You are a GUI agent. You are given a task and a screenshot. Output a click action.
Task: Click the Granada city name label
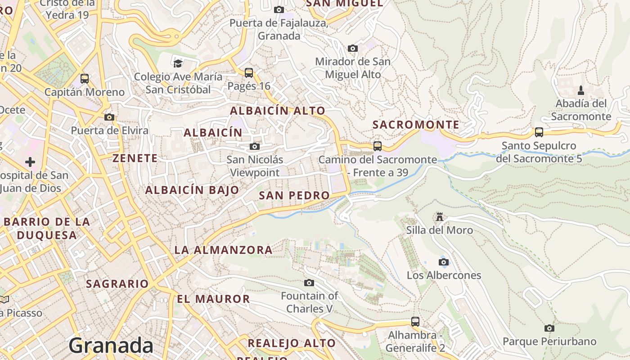pyautogui.click(x=111, y=346)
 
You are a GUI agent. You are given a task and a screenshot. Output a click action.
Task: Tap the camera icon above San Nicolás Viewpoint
pyautogui.click(x=255, y=146)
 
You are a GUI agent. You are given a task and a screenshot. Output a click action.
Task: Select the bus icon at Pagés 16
pyautogui.click(x=248, y=72)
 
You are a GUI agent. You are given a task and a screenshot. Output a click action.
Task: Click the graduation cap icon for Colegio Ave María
pyautogui.click(x=178, y=63)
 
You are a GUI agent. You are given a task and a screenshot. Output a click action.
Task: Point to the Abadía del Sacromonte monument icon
pyautogui.click(x=581, y=90)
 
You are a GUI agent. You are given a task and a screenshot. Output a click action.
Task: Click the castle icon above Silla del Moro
pyautogui.click(x=440, y=217)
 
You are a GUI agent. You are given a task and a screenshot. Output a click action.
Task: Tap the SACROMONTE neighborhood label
pyautogui.click(x=416, y=125)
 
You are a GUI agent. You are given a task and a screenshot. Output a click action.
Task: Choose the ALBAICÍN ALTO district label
pyautogui.click(x=278, y=111)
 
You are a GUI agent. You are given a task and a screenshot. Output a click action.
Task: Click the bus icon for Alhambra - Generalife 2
pyautogui.click(x=415, y=322)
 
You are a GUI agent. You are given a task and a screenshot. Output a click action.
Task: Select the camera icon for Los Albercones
pyautogui.click(x=444, y=262)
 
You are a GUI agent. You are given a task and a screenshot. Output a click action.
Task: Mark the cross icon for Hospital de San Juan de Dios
pyautogui.click(x=30, y=162)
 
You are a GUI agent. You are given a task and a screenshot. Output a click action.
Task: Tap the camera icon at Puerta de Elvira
pyautogui.click(x=109, y=117)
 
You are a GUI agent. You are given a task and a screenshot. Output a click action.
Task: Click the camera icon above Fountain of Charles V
pyautogui.click(x=309, y=283)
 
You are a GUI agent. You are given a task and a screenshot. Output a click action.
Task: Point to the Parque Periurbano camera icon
pyautogui.click(x=549, y=328)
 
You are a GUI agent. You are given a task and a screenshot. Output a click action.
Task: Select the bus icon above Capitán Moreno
pyautogui.click(x=85, y=79)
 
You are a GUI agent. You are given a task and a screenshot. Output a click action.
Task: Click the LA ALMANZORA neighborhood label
pyautogui.click(x=223, y=250)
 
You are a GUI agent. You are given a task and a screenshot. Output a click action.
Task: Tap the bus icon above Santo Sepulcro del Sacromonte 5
pyautogui.click(x=539, y=132)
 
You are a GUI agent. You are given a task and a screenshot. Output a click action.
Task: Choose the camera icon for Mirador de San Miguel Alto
pyautogui.click(x=353, y=48)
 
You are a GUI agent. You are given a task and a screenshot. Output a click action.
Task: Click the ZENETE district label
pyautogui.click(x=135, y=158)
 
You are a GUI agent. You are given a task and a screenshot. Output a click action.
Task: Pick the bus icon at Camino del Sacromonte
pyautogui.click(x=378, y=146)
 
